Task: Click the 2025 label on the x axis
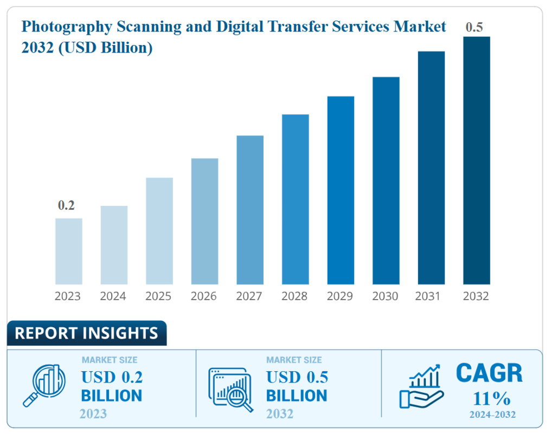click(x=158, y=296)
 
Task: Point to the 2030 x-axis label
click(x=385, y=296)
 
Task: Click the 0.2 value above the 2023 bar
click(x=66, y=205)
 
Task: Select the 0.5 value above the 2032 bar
click(x=474, y=27)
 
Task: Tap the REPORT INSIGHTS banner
click(x=86, y=333)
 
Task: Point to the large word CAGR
click(x=489, y=373)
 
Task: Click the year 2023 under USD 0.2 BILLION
click(x=93, y=414)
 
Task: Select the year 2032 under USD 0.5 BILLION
click(x=279, y=414)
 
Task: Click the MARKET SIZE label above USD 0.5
click(x=293, y=360)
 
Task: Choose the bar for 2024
click(x=114, y=245)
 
